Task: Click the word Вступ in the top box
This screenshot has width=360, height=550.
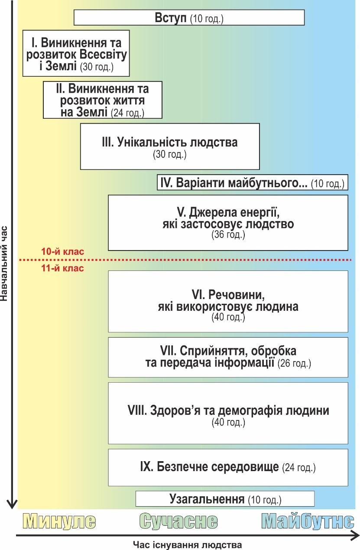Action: [x=171, y=18]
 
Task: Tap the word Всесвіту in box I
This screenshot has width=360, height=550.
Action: [x=103, y=55]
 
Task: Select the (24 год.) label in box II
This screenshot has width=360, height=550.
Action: [x=127, y=113]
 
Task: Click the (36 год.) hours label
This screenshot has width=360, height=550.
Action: [x=228, y=235]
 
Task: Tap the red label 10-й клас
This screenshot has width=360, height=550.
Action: [x=62, y=252]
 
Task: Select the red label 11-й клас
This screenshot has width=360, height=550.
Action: [x=62, y=268]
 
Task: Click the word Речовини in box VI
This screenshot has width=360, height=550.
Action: [x=237, y=295]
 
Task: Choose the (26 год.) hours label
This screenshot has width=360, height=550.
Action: [x=294, y=363]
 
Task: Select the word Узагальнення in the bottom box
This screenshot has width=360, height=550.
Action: [x=207, y=499]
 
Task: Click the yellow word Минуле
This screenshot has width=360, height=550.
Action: [x=59, y=521]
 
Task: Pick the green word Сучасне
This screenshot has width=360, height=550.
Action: [x=178, y=521]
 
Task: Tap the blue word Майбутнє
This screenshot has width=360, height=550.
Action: [x=308, y=521]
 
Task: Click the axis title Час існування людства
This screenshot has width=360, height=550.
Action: [x=188, y=545]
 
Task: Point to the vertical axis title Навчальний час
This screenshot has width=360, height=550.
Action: [x=4, y=264]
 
